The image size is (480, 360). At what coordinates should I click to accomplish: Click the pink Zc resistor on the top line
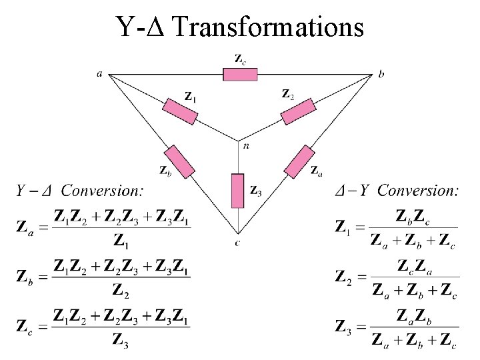click(240, 73)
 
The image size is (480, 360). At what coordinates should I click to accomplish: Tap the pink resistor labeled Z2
click(297, 111)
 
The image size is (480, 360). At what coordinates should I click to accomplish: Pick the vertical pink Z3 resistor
click(238, 190)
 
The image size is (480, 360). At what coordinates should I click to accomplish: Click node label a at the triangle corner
click(100, 74)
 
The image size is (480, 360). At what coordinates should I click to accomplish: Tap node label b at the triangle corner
click(381, 75)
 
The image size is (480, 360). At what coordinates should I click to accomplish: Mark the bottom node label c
click(238, 243)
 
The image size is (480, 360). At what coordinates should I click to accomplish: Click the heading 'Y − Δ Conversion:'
click(79, 191)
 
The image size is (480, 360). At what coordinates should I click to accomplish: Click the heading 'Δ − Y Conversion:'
click(397, 191)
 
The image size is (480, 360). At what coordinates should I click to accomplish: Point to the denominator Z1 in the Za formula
click(121, 240)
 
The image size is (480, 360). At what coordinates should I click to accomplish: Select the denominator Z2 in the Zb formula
click(121, 290)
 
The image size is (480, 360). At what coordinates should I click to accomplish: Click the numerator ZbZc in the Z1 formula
click(413, 216)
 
